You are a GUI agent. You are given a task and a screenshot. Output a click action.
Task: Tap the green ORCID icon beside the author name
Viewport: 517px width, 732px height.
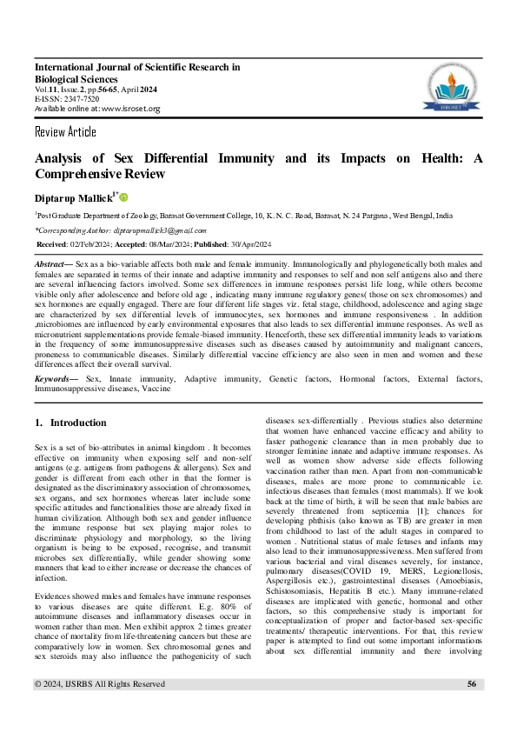tap(123, 197)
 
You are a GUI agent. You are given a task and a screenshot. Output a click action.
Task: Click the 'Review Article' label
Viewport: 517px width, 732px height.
tap(65, 132)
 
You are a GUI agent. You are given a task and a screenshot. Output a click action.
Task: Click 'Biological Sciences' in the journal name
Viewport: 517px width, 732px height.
tap(76, 78)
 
